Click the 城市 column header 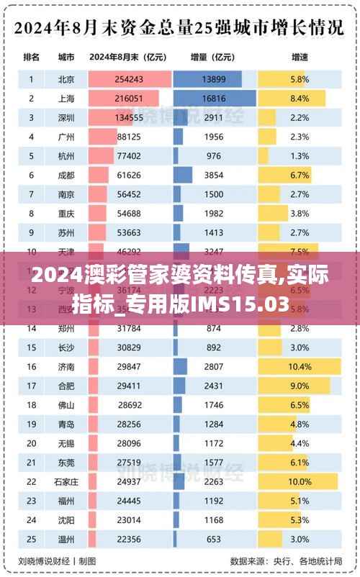point(66,58)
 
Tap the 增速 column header point(300,58)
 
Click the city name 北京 point(66,78)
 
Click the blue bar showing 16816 point(215,98)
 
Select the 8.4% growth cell point(300,98)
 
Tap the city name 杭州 point(66,155)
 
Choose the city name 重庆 point(66,213)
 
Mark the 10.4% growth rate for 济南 point(300,366)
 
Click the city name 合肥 point(66,386)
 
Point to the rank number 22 point(32,481)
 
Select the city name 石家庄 point(66,481)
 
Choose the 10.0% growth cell point(300,481)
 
